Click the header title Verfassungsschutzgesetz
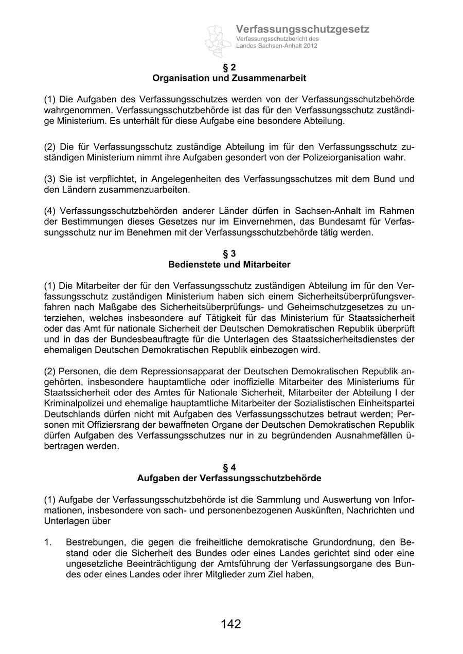pyautogui.click(x=302, y=29)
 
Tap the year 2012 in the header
pyautogui.click(x=309, y=46)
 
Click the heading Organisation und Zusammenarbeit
pyautogui.click(x=229, y=78)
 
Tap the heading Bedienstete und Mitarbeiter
pyautogui.click(x=229, y=265)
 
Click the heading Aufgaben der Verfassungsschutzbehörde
pyautogui.click(x=229, y=478)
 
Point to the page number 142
pyautogui.click(x=231, y=624)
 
